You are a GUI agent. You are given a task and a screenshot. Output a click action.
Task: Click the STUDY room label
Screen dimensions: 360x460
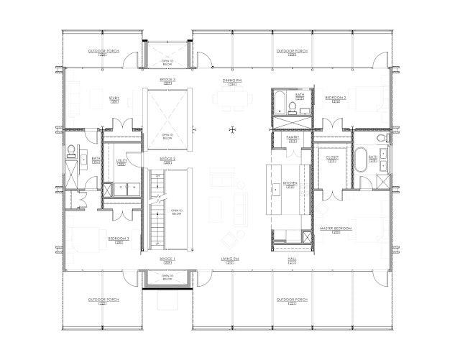coord(114,98)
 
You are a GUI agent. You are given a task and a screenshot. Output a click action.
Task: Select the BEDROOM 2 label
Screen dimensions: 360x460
coord(336,97)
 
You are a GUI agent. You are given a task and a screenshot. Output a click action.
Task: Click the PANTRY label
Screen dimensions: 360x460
coord(293,137)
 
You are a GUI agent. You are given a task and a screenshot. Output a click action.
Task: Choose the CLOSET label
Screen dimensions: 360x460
coord(332,157)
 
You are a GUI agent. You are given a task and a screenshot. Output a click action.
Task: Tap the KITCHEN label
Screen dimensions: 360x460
coord(290,183)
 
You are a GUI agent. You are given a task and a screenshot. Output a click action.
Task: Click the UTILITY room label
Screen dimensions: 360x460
coord(121,162)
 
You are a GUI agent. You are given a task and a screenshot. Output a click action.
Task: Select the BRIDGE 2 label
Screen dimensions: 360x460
coord(168,158)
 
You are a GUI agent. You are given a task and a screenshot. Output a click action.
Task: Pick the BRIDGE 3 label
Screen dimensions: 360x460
coord(168,79)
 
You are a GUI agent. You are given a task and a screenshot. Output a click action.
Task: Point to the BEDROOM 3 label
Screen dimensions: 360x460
coord(119,238)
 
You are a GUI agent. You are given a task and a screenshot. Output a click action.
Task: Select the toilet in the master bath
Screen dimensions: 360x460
coord(382,138)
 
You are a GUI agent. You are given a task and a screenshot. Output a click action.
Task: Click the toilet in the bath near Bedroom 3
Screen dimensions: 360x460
coord(73,151)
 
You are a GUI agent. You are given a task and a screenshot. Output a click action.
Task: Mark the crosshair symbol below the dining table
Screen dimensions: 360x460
coord(231,129)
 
